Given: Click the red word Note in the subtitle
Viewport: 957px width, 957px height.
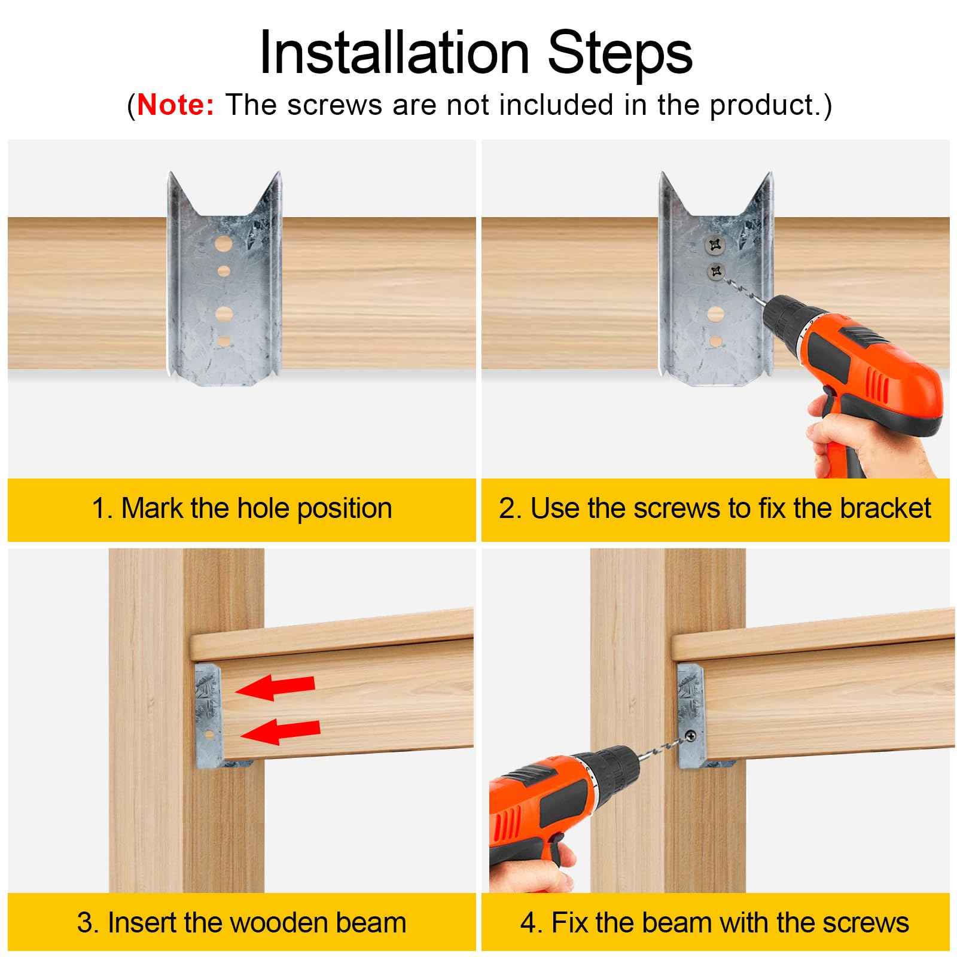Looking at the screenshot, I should [175, 105].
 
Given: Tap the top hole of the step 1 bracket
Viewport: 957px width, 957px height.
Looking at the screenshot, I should [224, 245].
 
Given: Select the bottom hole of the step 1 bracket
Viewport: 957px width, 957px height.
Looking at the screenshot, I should [224, 342].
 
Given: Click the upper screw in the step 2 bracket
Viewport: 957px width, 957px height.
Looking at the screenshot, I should [714, 244].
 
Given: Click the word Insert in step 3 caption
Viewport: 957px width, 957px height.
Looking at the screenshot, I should [142, 922].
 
